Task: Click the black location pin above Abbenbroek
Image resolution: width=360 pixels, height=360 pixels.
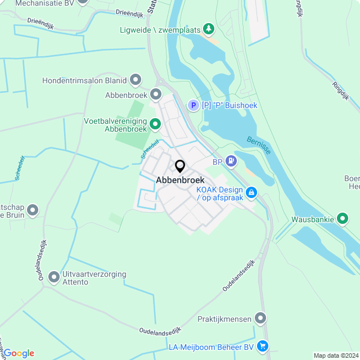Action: [180, 166]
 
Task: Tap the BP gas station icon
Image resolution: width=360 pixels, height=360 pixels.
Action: [231, 161]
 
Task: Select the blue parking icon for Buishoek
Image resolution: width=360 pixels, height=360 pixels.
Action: [193, 105]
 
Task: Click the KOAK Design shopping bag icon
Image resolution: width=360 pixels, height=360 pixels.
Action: [251, 193]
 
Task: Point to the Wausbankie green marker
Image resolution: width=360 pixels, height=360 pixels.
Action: [343, 219]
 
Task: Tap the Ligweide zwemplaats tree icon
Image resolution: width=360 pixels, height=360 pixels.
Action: [209, 28]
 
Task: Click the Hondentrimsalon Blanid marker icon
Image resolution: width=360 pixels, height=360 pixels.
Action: [135, 80]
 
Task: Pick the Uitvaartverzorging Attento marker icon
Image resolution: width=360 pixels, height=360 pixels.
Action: [54, 277]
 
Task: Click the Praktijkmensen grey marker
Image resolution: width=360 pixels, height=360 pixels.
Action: [260, 319]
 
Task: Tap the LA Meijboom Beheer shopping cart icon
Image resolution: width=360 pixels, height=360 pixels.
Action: [262, 347]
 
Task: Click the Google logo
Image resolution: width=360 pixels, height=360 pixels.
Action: [19, 353]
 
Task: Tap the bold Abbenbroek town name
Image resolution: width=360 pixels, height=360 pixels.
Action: [180, 181]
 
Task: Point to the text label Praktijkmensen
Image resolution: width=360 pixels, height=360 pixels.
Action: [224, 319]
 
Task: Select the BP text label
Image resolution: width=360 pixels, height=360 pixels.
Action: [217, 161]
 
